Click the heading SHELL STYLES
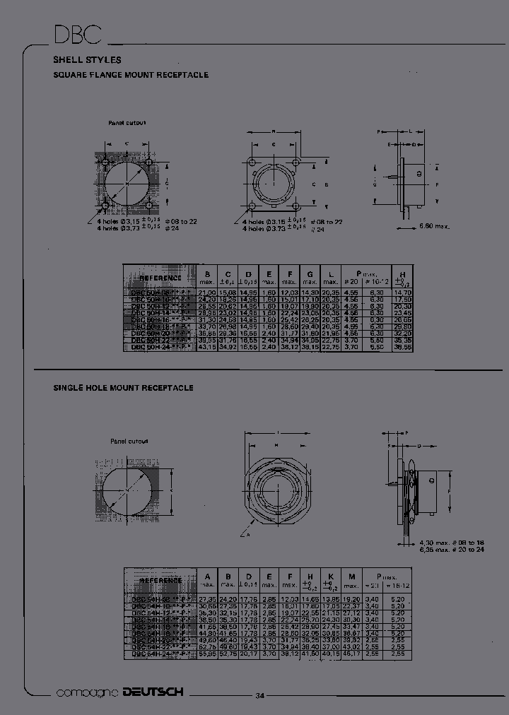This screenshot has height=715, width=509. click(x=87, y=60)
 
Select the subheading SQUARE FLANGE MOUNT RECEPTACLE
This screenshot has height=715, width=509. click(x=131, y=75)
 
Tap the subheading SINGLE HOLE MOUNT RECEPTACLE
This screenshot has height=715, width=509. click(x=123, y=388)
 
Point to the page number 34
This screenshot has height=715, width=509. click(x=259, y=696)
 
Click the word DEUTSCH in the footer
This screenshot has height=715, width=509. click(x=152, y=692)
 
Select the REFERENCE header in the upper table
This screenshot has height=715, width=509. click(x=160, y=278)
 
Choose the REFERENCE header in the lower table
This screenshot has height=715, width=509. click(x=160, y=579)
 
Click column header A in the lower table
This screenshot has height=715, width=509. click(x=207, y=576)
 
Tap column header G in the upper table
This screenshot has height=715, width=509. click(x=310, y=273)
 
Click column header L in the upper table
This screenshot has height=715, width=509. click(x=330, y=273)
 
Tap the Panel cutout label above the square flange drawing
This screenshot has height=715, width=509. click(x=127, y=122)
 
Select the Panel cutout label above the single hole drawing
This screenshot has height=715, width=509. click(x=129, y=441)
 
